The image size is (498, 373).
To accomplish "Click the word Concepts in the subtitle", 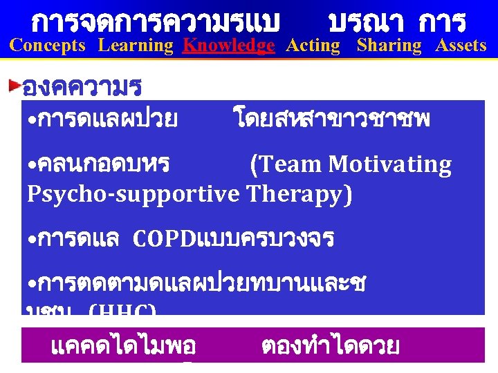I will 48,46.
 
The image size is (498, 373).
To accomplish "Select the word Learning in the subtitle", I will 136,46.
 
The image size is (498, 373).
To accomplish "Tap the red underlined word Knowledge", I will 228,46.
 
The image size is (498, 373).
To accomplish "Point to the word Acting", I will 313,46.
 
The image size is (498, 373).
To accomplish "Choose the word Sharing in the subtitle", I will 389,46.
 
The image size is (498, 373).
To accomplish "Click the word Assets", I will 461,46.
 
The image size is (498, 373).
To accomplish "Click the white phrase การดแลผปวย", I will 104,120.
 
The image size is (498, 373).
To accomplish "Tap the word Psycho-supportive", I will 132,195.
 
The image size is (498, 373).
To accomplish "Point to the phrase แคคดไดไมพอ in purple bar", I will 124,345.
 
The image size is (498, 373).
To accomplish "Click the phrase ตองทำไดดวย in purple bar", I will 331,345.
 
